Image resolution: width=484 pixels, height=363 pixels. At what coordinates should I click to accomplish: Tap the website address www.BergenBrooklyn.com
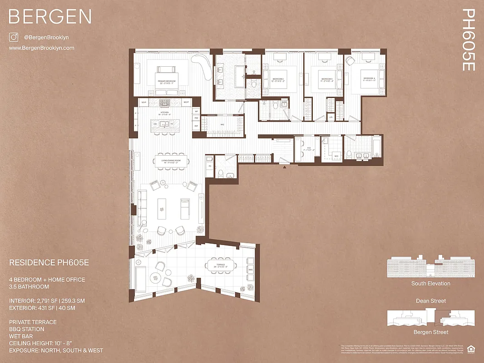pyautogui.click(x=41, y=48)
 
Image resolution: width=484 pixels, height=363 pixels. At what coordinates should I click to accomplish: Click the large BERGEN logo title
pyautogui.click(x=50, y=17)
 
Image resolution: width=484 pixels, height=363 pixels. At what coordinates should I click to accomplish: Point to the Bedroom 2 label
pyautogui.click(x=278, y=79)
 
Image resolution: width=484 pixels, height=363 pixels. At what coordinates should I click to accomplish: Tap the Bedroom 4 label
pyautogui.click(x=369, y=79)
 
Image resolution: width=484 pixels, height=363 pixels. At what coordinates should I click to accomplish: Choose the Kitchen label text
pyautogui.click(x=164, y=113)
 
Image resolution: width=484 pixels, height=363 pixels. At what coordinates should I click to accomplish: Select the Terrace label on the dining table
pyautogui.click(x=220, y=266)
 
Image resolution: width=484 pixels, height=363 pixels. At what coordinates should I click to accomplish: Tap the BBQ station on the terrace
pyautogui.click(x=250, y=270)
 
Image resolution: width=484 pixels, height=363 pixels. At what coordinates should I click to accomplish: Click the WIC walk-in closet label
pyautogui.click(x=222, y=124)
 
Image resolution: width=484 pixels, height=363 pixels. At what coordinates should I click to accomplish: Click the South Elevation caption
pyautogui.click(x=430, y=284)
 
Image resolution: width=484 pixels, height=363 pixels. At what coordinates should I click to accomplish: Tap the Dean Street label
pyautogui.click(x=430, y=301)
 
